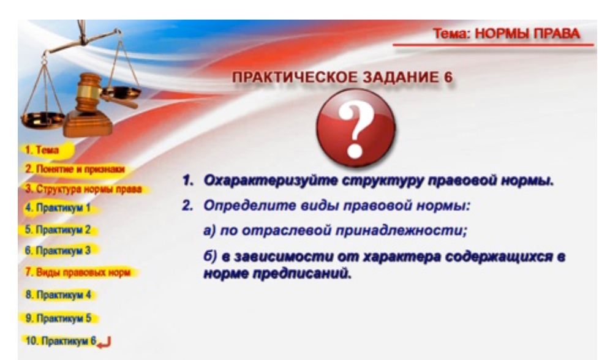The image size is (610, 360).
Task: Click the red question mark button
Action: tap(356, 128)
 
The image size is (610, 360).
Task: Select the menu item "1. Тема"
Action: tap(42, 149)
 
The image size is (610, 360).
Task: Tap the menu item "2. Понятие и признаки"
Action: tap(75, 169)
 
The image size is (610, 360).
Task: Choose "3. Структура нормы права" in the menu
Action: tap(83, 189)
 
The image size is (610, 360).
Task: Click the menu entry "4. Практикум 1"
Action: tap(58, 208)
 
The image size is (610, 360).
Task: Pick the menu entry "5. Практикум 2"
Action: tap(58, 230)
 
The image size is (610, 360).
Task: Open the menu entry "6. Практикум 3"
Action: tap(58, 250)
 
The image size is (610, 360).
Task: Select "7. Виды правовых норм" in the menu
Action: tap(77, 272)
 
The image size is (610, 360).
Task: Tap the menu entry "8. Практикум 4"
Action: tap(58, 294)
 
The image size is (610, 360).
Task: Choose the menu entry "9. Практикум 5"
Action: tap(58, 318)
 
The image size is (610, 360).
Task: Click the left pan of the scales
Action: tap(42, 119)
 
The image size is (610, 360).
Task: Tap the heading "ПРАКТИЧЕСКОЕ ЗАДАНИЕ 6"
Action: tap(343, 77)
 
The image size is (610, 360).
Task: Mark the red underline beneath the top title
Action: tap(493, 45)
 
